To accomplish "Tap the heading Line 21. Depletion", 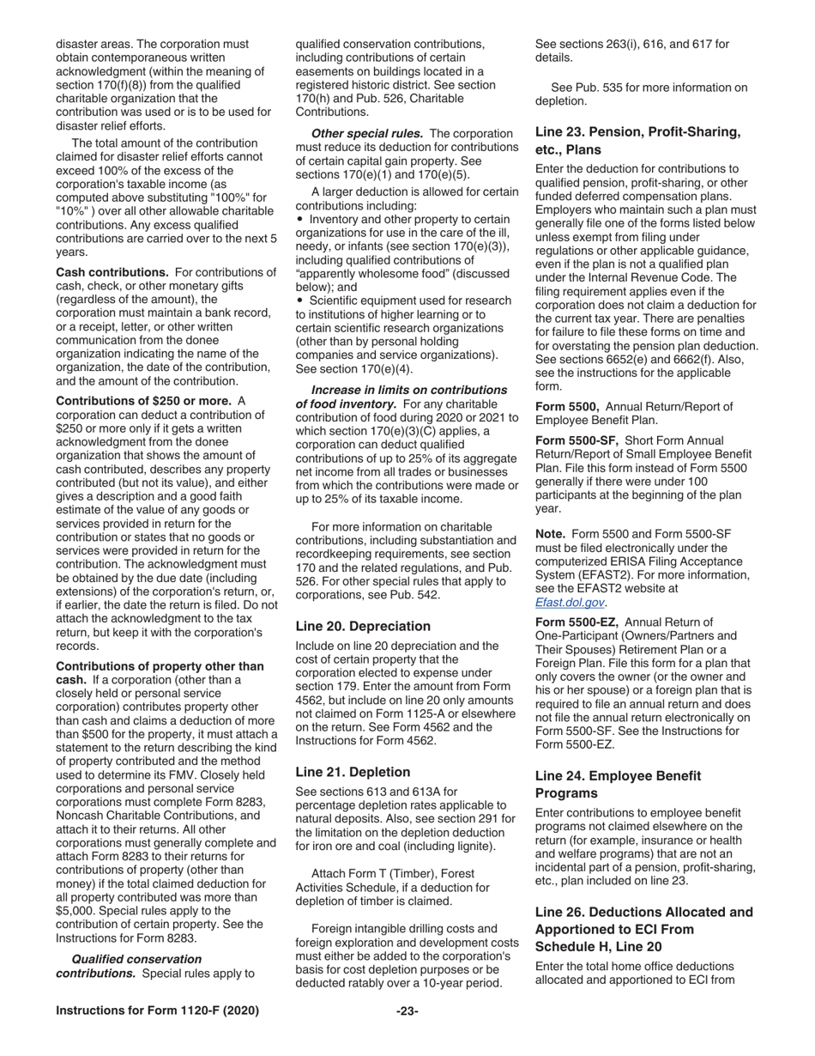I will coord(353,772).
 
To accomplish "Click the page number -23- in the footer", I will coord(407,1011).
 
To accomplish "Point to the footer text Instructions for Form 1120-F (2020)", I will coord(157,1011).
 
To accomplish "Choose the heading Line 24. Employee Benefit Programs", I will coord(618,783).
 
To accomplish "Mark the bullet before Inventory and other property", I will coord(299,219).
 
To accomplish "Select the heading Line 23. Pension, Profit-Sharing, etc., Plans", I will coord(637,140).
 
